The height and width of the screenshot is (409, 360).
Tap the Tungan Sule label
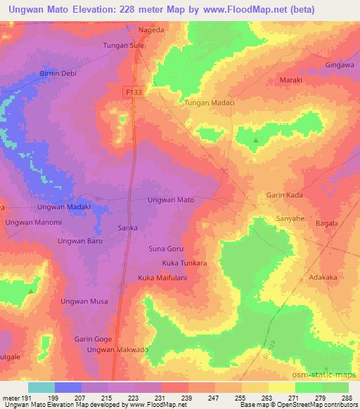[x=124, y=46]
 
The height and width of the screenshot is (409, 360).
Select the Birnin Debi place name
[x=57, y=73]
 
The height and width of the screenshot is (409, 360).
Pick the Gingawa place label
[x=338, y=65]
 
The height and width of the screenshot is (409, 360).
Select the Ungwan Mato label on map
[x=171, y=200]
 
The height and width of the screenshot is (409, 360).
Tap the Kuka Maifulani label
[x=167, y=277]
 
